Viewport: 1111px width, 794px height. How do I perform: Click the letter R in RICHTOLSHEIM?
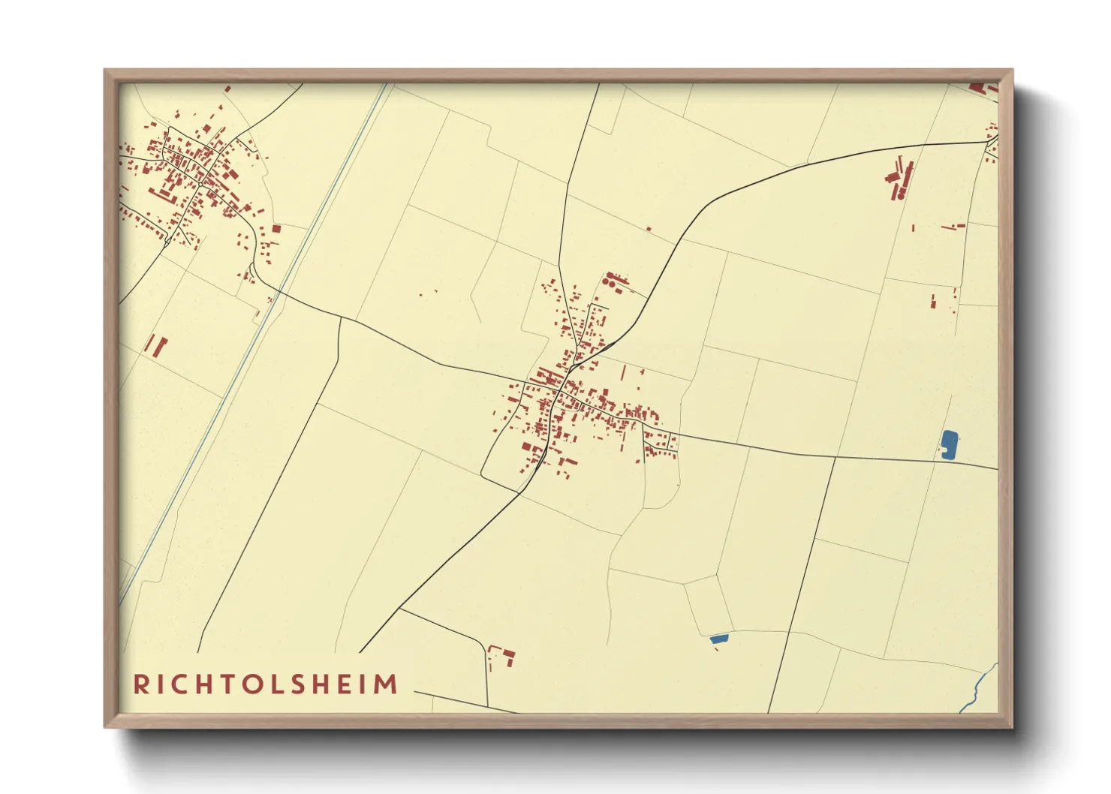pos(140,684)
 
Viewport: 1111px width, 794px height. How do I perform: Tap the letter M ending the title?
pos(386,684)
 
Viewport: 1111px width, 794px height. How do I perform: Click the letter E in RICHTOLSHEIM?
pos(348,684)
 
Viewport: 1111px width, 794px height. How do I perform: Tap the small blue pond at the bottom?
pos(718,639)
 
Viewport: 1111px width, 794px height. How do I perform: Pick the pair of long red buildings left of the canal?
pos(155,346)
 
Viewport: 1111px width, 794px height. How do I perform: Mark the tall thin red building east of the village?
pos(623,373)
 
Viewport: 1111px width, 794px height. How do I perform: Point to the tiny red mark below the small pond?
pos(716,649)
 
